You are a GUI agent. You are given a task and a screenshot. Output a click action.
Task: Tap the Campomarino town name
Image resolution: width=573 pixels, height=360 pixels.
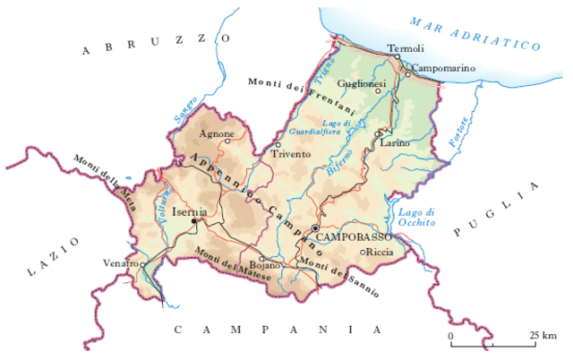pos(442,67)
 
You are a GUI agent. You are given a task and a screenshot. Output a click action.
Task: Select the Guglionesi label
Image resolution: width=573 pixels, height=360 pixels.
pos(362,83)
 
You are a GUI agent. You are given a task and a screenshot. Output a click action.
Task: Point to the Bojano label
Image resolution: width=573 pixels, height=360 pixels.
pos(267,266)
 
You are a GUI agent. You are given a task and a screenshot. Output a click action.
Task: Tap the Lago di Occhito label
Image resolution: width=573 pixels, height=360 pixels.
pos(415,218)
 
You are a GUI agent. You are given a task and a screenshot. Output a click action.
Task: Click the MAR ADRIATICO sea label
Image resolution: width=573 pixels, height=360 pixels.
pos(475,34)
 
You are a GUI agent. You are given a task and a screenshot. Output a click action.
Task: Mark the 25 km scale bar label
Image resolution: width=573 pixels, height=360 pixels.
pos(542,335)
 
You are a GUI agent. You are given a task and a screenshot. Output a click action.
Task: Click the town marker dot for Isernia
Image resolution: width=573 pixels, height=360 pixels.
pos(194,221)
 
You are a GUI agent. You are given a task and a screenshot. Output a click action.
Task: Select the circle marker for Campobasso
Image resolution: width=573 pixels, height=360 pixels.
pos(315,229)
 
